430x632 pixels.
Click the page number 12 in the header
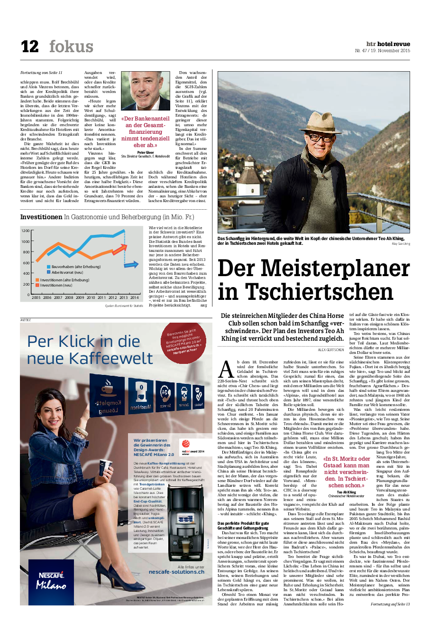(29, 46)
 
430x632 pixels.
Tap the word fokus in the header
(71, 46)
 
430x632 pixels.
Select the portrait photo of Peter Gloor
(146, 91)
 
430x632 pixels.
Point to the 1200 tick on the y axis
(25, 231)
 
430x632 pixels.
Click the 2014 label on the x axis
(135, 297)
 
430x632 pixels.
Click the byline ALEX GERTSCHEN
(331, 350)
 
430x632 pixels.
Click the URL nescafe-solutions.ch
(176, 572)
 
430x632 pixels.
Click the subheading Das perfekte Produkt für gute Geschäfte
(243, 525)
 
